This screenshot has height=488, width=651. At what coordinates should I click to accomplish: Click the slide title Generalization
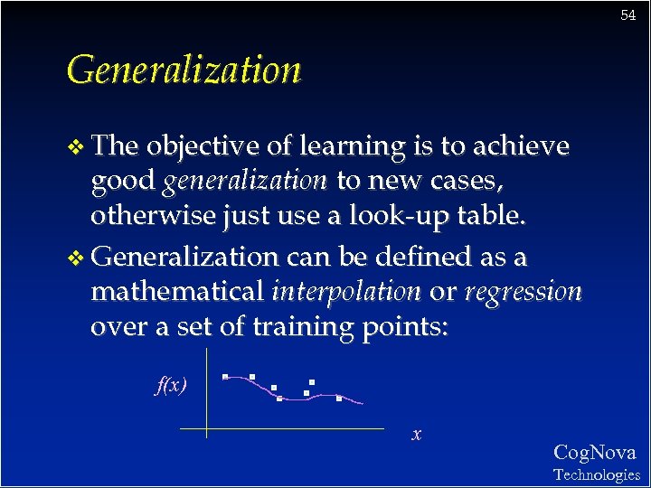(x=184, y=70)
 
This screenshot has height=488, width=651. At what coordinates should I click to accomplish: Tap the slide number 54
(x=628, y=15)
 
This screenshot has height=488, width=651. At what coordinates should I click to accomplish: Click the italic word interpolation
(x=346, y=293)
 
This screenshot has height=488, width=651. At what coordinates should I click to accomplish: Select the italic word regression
(x=524, y=293)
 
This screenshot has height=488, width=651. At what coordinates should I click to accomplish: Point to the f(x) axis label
(x=172, y=386)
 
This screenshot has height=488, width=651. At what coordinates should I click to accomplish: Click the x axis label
(x=416, y=435)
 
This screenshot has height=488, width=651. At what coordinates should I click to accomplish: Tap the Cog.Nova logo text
(x=594, y=453)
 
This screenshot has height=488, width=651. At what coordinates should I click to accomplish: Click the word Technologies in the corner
(x=596, y=474)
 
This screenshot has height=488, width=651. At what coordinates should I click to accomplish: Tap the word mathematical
(x=177, y=293)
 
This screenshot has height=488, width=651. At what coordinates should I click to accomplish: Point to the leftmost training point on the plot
(x=225, y=376)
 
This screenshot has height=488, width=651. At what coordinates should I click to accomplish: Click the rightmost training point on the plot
(x=338, y=398)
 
